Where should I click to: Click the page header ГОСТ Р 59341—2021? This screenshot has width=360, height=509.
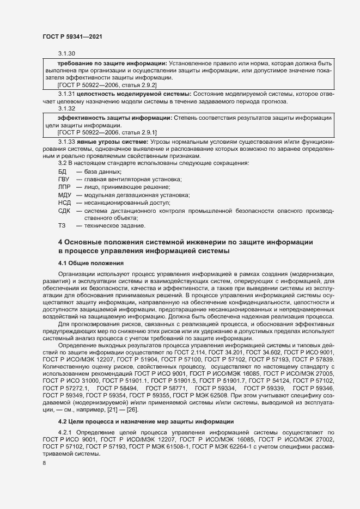tap(72, 36)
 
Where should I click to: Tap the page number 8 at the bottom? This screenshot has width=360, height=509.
tap(44, 463)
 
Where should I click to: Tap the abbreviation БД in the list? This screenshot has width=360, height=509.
tap(62, 171)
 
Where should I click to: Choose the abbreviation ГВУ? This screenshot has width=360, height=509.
tap(64, 179)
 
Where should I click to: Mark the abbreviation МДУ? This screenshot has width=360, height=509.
tap(64, 195)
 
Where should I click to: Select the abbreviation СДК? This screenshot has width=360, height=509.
tap(64, 210)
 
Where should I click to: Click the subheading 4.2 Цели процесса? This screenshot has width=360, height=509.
tap(146, 421)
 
